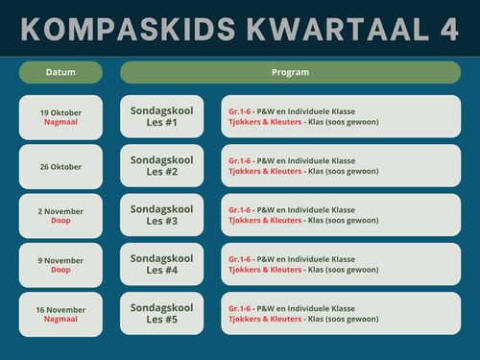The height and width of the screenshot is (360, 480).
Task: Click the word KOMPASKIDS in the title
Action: point(128,29)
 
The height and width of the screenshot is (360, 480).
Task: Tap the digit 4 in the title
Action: point(449,29)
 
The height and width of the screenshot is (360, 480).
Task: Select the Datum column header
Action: point(60,72)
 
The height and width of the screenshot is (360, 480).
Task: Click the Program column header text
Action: point(291,72)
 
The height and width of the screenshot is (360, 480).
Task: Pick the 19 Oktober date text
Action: point(60,112)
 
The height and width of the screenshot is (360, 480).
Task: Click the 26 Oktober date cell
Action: point(60,166)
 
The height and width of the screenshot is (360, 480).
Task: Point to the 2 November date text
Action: point(60,211)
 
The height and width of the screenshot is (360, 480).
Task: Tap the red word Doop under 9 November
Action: point(60,270)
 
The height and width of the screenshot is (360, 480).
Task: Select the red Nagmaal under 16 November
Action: point(60,319)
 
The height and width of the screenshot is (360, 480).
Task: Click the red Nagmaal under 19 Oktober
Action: point(60,122)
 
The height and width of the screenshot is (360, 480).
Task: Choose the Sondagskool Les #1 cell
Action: point(162,116)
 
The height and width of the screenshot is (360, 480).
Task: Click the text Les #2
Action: point(162,172)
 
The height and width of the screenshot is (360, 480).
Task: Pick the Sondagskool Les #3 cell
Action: point(162,215)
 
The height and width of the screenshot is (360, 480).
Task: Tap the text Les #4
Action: point(162,270)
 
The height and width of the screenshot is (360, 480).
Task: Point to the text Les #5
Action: point(162,320)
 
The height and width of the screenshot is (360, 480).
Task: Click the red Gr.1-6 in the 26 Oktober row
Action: point(240,160)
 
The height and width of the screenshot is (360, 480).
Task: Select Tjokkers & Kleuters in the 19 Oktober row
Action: point(265,122)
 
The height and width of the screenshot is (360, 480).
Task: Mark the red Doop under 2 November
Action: point(60,221)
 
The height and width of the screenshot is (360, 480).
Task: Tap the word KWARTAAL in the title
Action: point(338,29)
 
